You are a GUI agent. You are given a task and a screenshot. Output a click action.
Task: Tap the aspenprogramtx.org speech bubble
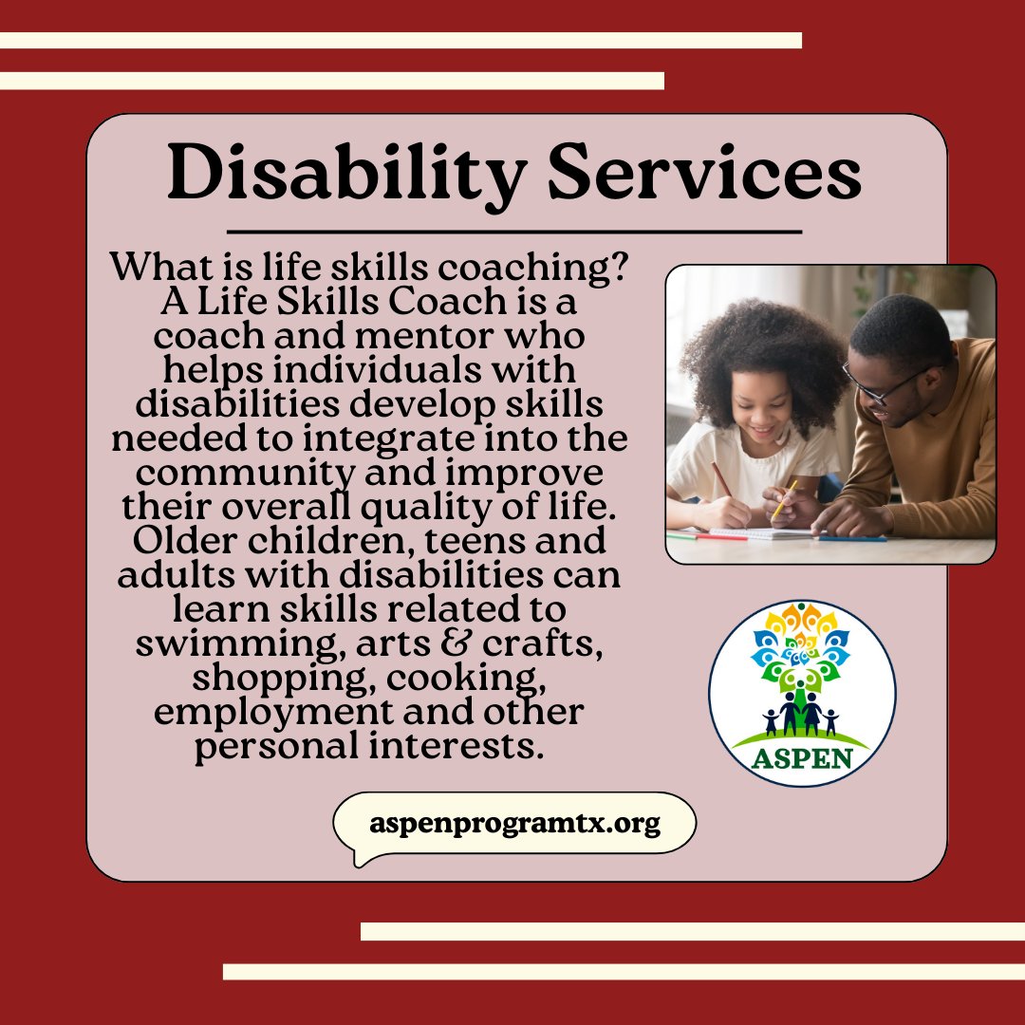tap(514, 823)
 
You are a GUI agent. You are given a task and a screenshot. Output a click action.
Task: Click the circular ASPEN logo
tap(802, 693)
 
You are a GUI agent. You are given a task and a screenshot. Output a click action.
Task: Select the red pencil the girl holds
tap(722, 480)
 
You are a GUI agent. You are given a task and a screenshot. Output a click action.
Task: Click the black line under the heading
tap(514, 231)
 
